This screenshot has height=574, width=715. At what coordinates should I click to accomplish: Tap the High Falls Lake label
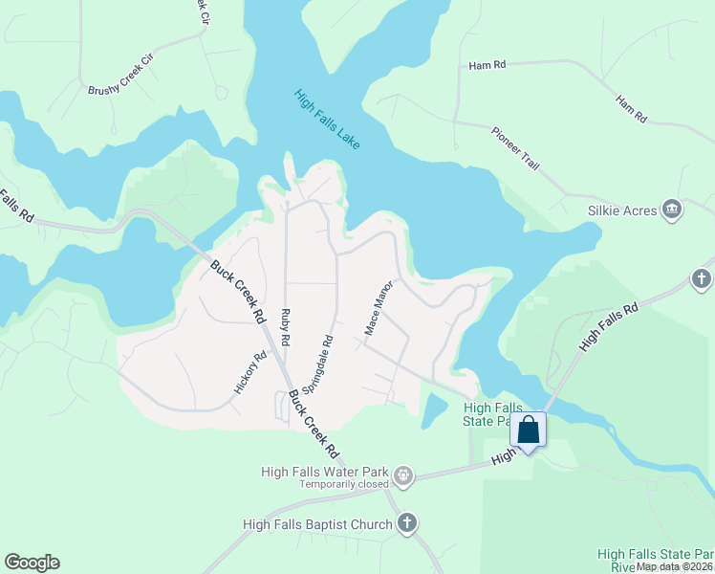coord(327,120)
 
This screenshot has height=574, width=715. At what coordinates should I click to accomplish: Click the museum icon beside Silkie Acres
coord(672,210)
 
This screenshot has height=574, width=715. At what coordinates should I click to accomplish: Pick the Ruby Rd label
coord(285,326)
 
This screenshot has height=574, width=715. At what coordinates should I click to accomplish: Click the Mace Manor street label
coord(379,307)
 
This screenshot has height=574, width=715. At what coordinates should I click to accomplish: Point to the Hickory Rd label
coord(249,373)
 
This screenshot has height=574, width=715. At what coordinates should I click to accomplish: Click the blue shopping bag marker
coord(529,430)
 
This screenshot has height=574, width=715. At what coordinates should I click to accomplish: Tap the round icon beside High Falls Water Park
coord(404,474)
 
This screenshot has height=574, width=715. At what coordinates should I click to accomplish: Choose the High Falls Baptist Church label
coord(317,524)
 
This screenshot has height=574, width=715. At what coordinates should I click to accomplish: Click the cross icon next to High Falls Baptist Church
coord(407,523)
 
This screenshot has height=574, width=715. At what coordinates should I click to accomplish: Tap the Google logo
coord(32,563)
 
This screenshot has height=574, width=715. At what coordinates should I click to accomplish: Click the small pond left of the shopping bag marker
coord(432,409)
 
